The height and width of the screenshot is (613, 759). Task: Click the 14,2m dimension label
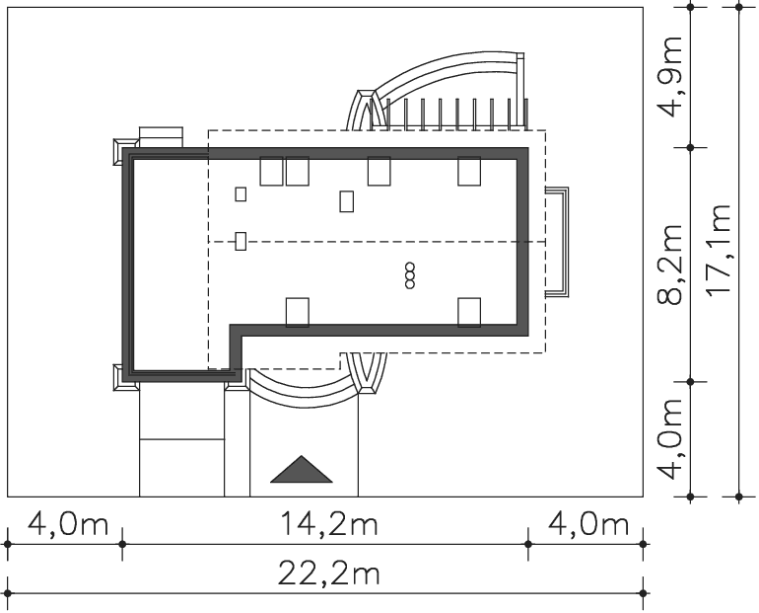point(328,524)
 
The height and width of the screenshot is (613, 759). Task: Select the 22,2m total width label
point(328,574)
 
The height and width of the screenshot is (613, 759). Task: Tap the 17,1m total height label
point(718,250)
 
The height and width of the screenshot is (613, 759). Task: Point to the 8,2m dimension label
point(670,265)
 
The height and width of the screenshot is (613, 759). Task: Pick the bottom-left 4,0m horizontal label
point(68,524)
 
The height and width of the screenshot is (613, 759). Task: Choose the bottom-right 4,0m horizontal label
point(588,524)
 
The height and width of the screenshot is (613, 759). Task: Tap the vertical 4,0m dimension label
point(670,439)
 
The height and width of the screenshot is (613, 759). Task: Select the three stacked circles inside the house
point(410,275)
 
